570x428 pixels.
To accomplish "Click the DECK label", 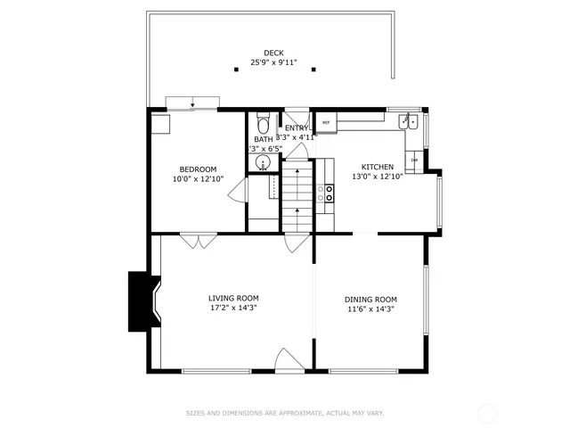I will [273, 53].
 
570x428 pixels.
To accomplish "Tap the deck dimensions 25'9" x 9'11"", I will [273, 64].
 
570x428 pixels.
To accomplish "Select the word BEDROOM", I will [198, 169].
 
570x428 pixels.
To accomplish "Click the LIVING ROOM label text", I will [233, 298].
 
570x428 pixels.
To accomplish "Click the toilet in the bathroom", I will [263, 123].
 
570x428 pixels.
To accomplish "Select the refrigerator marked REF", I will [325, 122].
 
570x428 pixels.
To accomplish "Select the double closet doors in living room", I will [198, 240].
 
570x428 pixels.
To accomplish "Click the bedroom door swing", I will [236, 190].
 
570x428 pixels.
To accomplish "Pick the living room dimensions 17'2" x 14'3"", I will [233, 309].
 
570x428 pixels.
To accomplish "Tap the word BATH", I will [263, 139].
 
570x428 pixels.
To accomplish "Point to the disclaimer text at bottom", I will [284, 413].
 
